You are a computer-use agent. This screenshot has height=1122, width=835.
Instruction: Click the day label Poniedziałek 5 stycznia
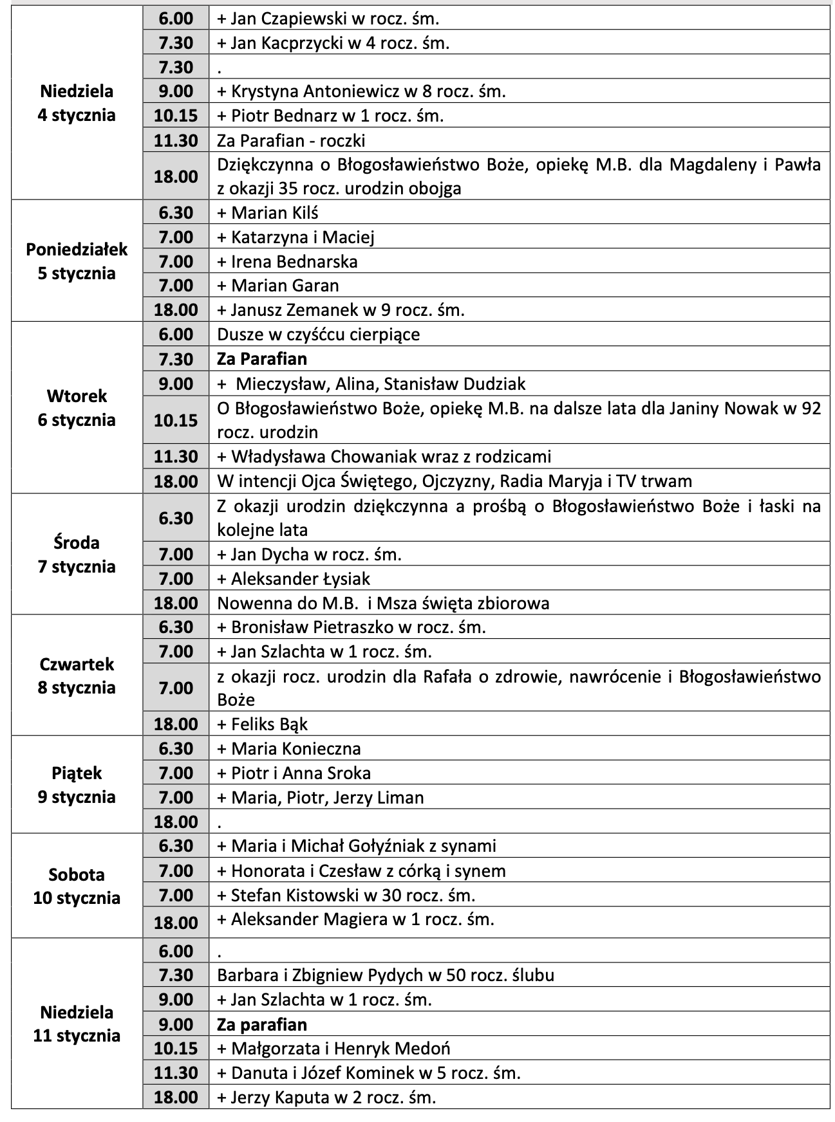[77, 261]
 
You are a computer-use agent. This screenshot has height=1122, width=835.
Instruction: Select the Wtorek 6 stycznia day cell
[77, 408]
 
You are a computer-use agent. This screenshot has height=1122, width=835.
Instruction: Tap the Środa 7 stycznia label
[77, 555]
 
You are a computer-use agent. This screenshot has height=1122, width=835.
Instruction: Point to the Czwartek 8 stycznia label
[77, 676]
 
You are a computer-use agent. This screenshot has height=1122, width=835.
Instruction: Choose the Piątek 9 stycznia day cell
[77, 785]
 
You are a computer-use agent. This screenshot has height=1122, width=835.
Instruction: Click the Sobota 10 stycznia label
[77, 886]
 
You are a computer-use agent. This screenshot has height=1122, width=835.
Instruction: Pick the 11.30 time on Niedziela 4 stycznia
[176, 140]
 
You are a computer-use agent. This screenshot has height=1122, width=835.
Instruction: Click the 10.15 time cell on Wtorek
[176, 420]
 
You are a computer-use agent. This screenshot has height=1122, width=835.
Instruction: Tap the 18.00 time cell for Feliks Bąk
[176, 724]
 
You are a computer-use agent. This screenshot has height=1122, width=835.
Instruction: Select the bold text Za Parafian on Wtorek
[262, 359]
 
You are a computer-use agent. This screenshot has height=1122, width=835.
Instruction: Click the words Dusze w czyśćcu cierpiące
[319, 335]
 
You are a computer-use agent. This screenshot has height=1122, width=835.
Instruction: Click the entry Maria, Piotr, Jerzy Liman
[321, 798]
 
